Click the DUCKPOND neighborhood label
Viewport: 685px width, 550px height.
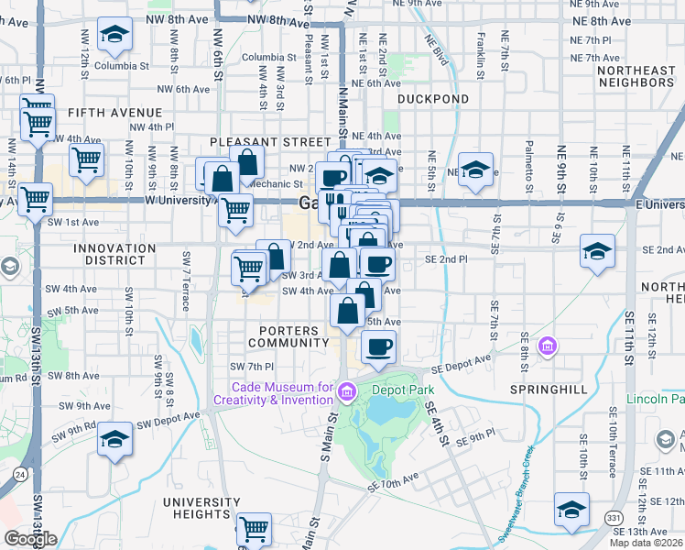[433, 99]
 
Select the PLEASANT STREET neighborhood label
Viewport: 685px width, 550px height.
[269, 142]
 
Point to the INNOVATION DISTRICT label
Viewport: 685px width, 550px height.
[114, 255]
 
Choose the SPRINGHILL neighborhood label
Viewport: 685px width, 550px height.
[548, 390]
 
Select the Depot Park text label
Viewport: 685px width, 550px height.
[402, 388]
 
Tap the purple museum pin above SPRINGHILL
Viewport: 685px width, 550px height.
[548, 346]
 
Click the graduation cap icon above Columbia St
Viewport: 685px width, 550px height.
[114, 35]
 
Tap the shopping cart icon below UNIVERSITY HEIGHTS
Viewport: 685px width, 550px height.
[254, 528]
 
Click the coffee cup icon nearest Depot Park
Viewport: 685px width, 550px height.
[379, 346]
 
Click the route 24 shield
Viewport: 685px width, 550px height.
[19, 475]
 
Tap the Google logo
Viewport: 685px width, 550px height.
[30, 538]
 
